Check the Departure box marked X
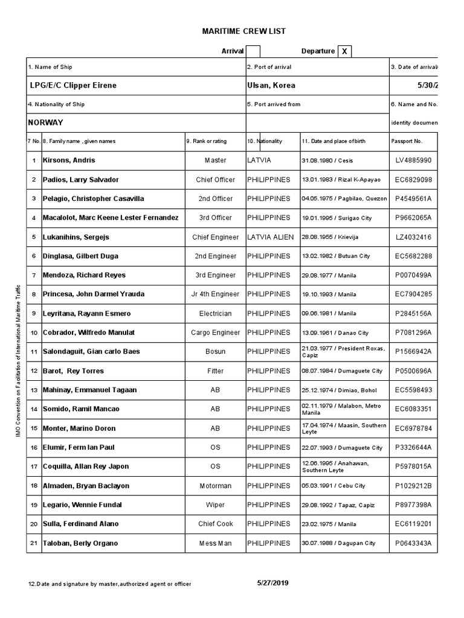point(344,51)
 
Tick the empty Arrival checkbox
point(253,51)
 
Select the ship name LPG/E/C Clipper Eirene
point(73,85)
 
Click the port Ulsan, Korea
point(271,85)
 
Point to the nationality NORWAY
point(46,123)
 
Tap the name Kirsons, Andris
point(69,161)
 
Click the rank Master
point(215,161)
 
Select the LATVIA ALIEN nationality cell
point(271,237)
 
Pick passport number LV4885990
point(413,161)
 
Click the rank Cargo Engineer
point(215,333)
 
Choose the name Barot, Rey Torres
point(73,371)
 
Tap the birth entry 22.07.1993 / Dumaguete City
point(342,448)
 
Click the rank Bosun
point(215,352)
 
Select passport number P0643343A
point(413,543)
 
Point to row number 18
point(34,486)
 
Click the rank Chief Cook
point(215,524)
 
